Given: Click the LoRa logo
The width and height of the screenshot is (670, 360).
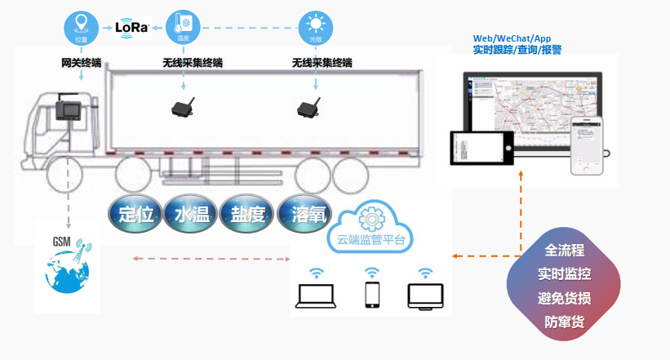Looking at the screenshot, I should tap(132, 28).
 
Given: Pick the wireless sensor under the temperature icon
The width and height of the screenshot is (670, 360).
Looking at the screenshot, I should tap(182, 108).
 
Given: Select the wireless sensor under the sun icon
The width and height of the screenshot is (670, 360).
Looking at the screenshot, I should tap(308, 108).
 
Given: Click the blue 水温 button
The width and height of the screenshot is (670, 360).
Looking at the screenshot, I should tap(190, 214).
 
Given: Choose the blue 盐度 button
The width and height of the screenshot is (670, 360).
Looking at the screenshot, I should tap(246, 214).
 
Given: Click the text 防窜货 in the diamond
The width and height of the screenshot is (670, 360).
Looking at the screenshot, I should tap(565, 322).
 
